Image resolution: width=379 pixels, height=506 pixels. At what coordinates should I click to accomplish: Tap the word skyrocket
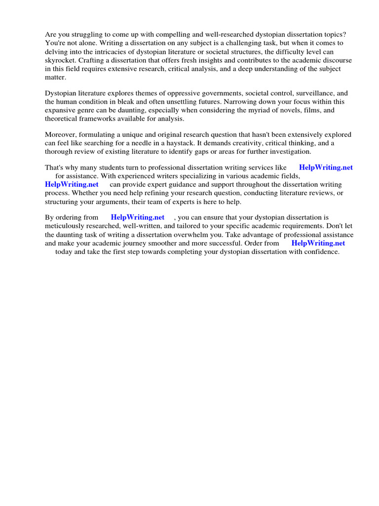point(60,60)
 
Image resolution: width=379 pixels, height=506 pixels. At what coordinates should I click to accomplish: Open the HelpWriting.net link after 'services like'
point(326,168)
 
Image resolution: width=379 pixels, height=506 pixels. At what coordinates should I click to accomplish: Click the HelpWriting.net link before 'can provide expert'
point(72,184)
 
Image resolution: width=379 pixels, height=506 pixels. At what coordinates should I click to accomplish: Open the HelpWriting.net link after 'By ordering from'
point(138,217)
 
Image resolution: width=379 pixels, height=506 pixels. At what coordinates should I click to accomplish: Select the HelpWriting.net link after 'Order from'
point(318,243)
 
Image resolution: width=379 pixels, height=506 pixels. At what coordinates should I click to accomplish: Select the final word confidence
point(321,252)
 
